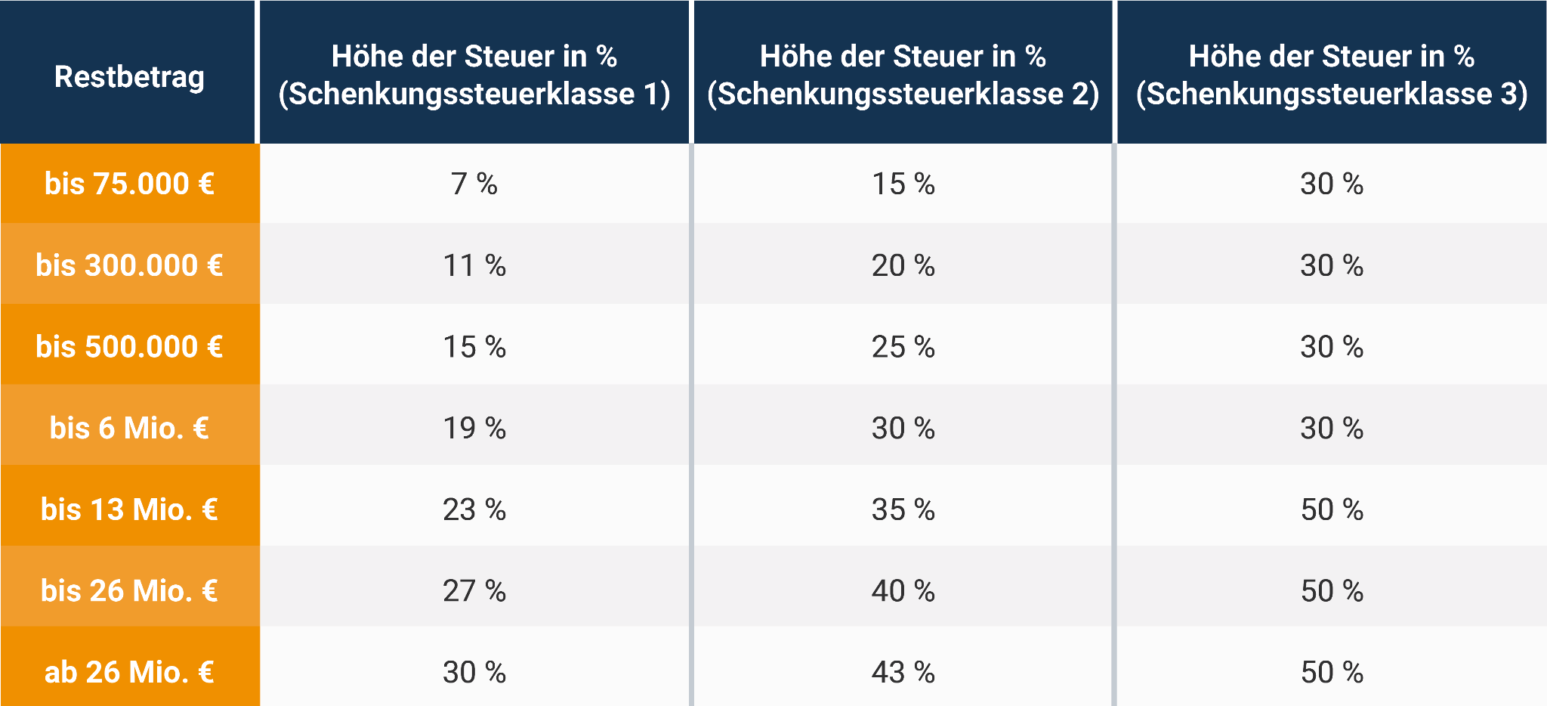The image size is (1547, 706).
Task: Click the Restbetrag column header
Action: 129,76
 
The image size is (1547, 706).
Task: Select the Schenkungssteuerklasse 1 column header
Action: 474,75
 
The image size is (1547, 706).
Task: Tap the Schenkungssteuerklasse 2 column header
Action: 903,75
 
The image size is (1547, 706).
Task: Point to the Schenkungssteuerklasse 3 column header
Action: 1332,75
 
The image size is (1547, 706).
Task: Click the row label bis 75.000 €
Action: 129,184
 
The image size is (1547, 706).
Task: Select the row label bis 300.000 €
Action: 129,265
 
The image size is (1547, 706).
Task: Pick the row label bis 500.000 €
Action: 129,346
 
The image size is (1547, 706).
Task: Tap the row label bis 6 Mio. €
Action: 129,428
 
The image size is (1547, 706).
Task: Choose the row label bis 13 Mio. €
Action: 129,509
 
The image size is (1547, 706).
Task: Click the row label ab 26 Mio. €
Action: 129,672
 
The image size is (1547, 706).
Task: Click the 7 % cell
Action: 474,184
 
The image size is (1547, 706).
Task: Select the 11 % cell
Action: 474,265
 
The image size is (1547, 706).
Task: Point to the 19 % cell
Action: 474,428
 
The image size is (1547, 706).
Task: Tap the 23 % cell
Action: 474,509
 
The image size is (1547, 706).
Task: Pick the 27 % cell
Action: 474,590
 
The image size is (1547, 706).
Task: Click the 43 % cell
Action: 903,672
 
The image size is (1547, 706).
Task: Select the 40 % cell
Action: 903,590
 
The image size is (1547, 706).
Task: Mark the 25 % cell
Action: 903,346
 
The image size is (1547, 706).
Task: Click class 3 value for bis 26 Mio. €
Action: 1332,590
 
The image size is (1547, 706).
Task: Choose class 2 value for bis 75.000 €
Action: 903,184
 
